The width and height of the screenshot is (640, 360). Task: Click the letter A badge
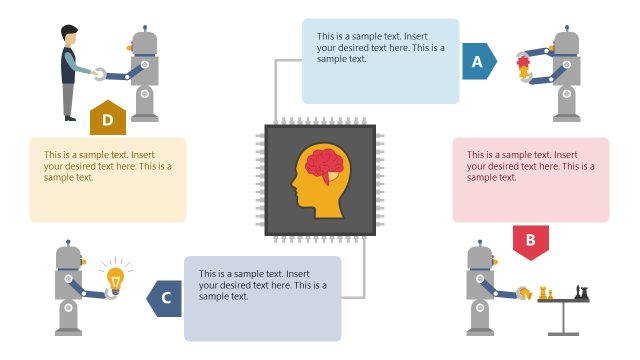[x=478, y=63]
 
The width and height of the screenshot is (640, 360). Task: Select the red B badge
[x=530, y=240]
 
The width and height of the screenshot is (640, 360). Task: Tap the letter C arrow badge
[x=166, y=298]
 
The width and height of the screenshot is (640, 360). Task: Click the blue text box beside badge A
[x=380, y=60]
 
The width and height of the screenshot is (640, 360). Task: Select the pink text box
[x=530, y=179]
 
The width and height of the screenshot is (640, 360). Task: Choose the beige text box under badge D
[x=107, y=179]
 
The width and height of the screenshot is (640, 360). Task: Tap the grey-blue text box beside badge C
[x=262, y=297]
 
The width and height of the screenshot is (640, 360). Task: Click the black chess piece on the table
[x=581, y=291]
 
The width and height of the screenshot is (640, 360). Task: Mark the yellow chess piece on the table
[x=545, y=293]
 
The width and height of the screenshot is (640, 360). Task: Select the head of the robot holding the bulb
[x=69, y=261]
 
